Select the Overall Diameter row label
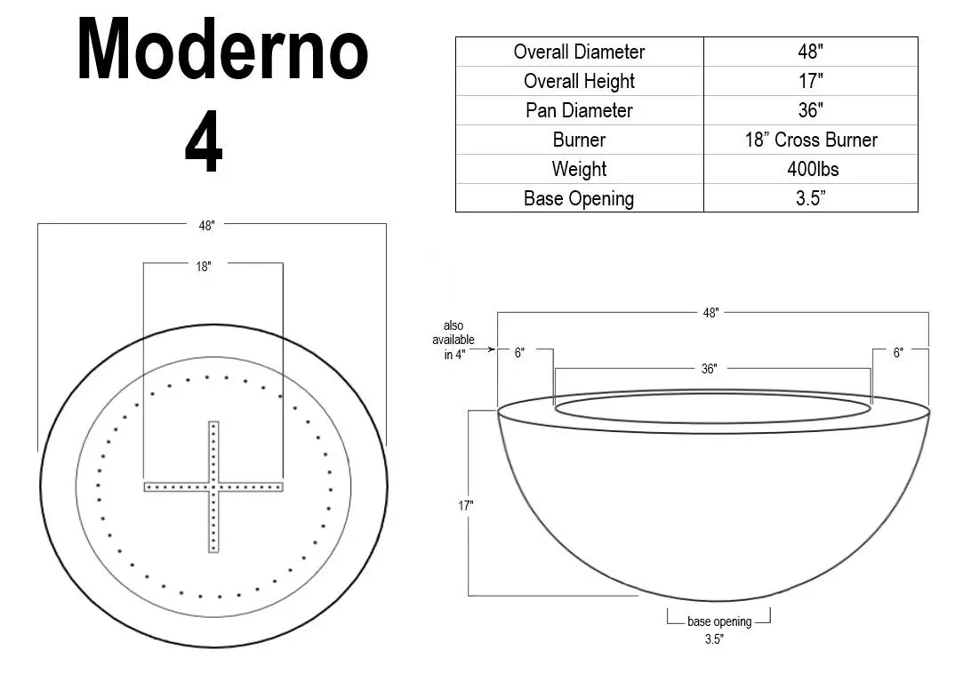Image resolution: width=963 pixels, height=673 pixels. [579, 52]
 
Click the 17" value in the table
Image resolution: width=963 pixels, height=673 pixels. [810, 81]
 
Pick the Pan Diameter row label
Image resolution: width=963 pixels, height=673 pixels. [579, 110]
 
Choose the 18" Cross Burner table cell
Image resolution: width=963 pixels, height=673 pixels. [810, 140]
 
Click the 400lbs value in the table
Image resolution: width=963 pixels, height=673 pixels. [810, 169]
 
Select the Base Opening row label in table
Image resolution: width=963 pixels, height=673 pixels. [579, 198]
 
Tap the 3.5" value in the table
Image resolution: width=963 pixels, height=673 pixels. [810, 198]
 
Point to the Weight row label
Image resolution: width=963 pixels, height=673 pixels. [579, 169]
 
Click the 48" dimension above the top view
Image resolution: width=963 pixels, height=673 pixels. [206, 226]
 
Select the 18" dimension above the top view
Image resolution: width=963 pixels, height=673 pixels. [204, 266]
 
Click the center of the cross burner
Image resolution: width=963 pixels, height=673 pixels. [213, 486]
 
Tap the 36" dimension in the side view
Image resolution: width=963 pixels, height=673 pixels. [709, 369]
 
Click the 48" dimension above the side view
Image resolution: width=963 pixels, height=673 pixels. [710, 313]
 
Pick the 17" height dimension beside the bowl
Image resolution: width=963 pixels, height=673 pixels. [466, 506]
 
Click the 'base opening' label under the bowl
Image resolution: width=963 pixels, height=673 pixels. [718, 622]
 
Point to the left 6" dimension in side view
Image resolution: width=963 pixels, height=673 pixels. [519, 353]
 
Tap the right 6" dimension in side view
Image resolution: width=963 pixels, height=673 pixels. [898, 353]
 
